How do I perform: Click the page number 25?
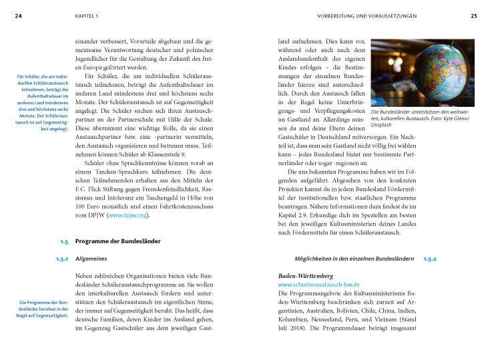click(x=473, y=15)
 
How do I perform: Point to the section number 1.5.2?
click(x=429, y=258)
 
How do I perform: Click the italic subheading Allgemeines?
click(x=91, y=258)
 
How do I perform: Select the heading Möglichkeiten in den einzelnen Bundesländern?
click(x=354, y=258)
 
